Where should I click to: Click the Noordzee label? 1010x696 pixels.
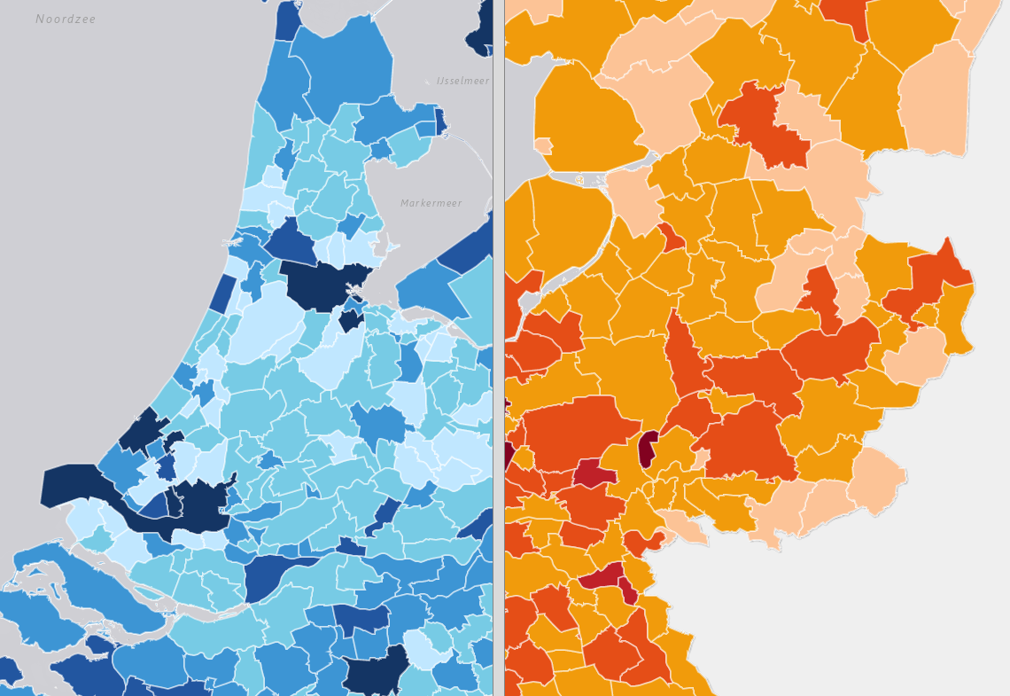point(66,20)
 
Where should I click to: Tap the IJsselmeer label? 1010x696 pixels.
point(462,81)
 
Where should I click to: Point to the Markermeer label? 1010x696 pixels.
point(431,203)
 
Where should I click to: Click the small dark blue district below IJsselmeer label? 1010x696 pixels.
point(440,121)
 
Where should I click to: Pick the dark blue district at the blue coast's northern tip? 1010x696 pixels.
point(287,20)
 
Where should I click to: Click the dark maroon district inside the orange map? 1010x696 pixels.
point(648,449)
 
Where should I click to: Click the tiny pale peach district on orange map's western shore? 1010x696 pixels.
point(543,145)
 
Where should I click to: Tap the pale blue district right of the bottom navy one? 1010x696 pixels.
point(424,650)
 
